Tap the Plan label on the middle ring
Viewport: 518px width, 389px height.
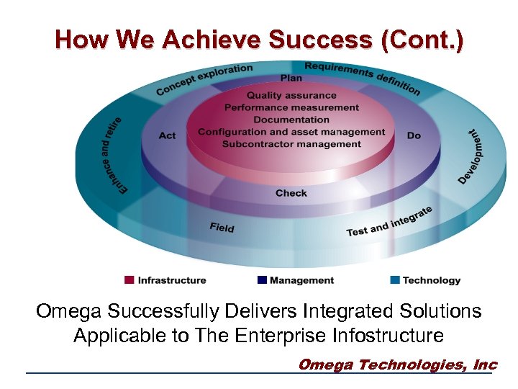tap(291, 78)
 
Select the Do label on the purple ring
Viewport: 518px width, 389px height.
tap(414, 135)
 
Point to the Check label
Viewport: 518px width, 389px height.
tap(291, 193)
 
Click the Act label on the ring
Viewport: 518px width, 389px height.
tap(167, 135)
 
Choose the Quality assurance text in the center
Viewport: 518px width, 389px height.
tap(291, 95)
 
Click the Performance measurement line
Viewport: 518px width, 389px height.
tap(291, 107)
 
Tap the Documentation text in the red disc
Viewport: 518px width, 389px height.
tap(291, 120)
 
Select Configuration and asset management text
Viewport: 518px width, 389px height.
tap(291, 132)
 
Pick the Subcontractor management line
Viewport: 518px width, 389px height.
tap(291, 144)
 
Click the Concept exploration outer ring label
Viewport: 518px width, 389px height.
tap(204, 79)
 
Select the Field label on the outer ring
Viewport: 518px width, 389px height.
tap(222, 228)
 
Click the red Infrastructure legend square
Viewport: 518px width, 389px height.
tap(129, 280)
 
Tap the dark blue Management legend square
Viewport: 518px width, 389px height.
tap(263, 280)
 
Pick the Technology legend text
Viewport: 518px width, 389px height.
tap(431, 280)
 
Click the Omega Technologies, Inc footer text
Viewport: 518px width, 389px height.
tap(397, 365)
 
